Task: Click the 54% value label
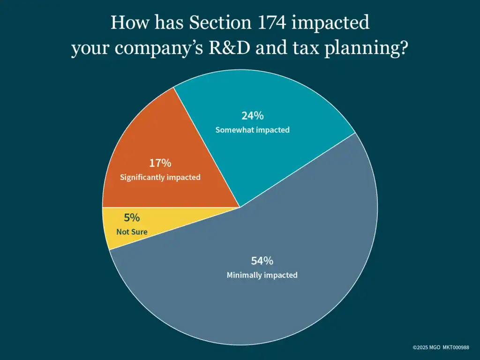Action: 262,261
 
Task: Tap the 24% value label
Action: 252,116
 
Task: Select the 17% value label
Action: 160,163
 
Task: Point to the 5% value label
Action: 132,218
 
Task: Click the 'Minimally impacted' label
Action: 262,275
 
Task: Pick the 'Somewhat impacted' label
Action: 252,130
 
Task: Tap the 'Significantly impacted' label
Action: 160,178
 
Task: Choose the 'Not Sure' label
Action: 132,232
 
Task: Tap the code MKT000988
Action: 456,347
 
